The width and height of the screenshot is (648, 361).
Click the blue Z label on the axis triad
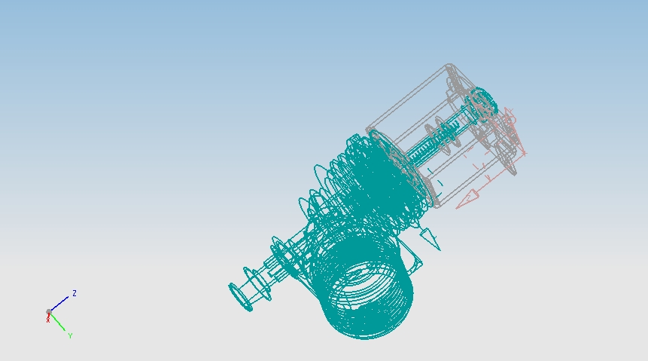[75, 293]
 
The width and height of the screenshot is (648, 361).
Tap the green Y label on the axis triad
[70, 335]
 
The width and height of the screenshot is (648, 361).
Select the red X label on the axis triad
[48, 320]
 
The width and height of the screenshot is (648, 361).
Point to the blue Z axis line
[59, 304]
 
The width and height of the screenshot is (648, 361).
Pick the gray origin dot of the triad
[49, 312]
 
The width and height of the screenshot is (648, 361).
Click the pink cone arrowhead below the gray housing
[467, 199]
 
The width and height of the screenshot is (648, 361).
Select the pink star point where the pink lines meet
[525, 154]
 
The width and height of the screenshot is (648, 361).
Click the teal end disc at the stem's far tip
[240, 297]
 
